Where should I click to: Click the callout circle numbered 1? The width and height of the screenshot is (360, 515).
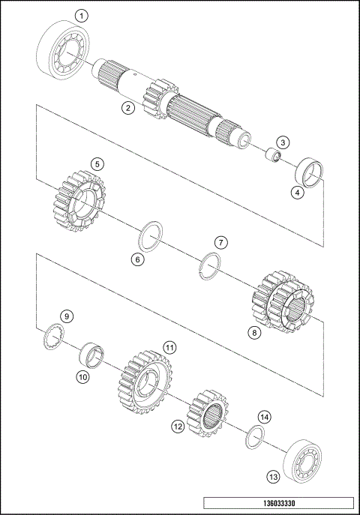[82, 15]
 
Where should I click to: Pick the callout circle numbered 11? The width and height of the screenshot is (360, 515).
[170, 348]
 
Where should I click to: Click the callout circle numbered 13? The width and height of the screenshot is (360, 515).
[272, 475]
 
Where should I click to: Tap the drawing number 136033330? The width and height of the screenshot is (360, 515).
[277, 502]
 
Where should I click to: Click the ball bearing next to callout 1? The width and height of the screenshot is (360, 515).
[66, 51]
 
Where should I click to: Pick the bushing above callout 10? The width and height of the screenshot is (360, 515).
[94, 351]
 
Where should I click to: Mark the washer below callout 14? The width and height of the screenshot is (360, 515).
[253, 436]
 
